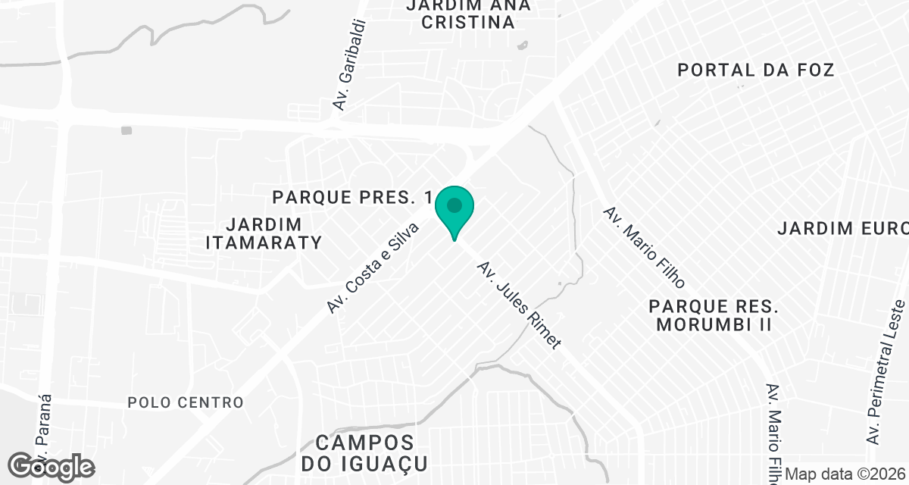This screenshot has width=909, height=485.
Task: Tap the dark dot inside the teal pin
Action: [x=454, y=205]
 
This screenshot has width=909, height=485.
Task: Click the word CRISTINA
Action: [x=468, y=22]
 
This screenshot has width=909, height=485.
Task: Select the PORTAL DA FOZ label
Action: [x=756, y=70]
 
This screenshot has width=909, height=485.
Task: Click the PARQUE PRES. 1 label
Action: [x=352, y=198]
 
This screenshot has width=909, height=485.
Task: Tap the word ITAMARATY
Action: [x=264, y=242]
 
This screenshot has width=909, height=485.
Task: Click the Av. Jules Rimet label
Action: [x=520, y=305]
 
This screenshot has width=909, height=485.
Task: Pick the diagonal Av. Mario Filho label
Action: [x=644, y=247]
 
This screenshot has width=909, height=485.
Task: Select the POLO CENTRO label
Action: [x=186, y=402]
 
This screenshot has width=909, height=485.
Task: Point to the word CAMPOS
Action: [x=365, y=443]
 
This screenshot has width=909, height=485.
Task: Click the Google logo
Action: [x=52, y=466]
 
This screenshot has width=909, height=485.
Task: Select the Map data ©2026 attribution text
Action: [x=845, y=474]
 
